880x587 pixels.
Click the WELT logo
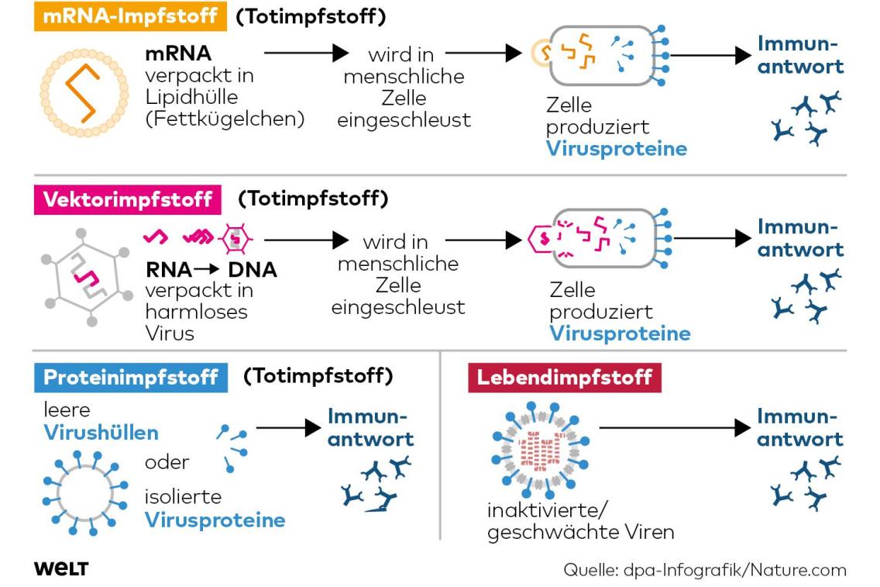(61, 569)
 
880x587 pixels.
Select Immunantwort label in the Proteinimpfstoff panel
(370, 427)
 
